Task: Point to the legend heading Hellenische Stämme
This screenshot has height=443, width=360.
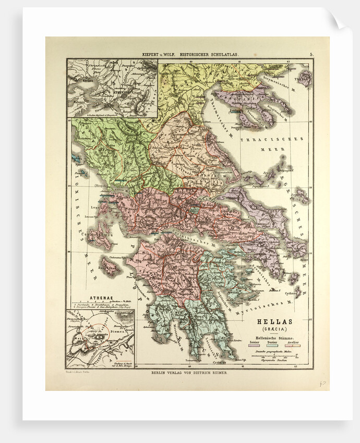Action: pyautogui.click(x=275, y=337)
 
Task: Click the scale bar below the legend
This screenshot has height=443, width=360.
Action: pyautogui.click(x=275, y=356)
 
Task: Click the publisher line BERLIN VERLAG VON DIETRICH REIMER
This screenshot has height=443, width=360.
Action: pyautogui.click(x=189, y=373)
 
